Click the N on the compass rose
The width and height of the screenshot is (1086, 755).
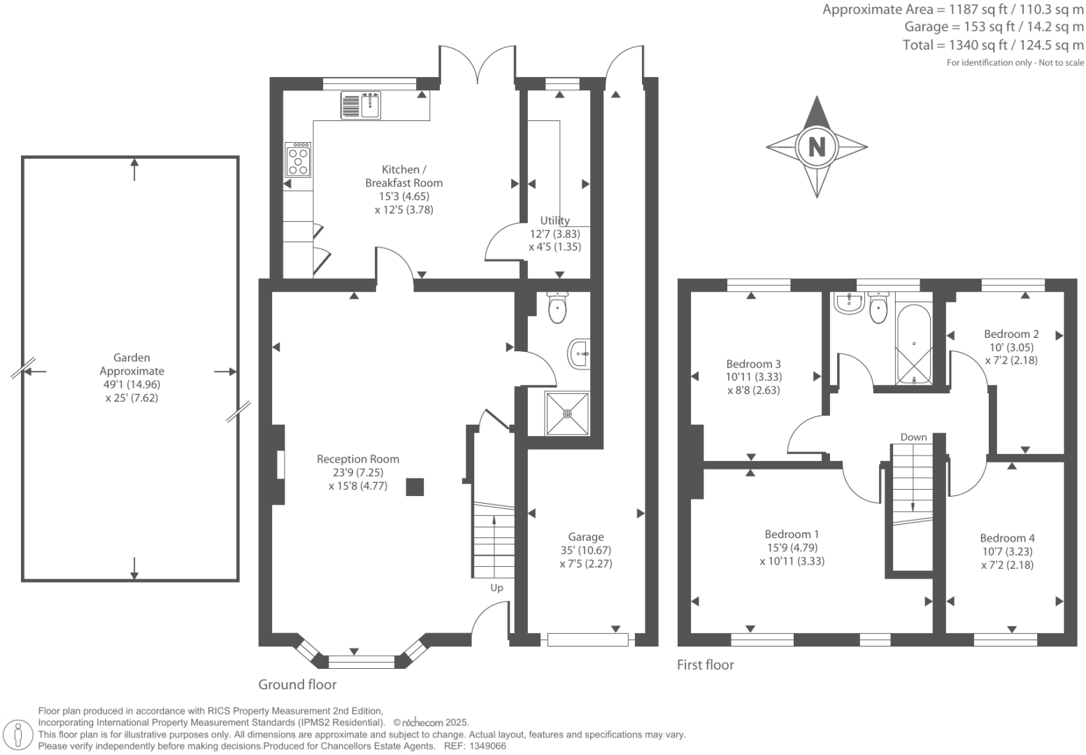[817, 146]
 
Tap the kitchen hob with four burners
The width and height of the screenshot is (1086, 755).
[298, 159]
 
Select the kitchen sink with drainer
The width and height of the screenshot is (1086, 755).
[361, 105]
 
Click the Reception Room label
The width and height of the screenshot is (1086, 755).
[358, 459]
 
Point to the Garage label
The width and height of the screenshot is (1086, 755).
[586, 537]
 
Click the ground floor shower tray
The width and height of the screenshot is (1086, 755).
[566, 414]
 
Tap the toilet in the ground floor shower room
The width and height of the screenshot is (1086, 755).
[557, 308]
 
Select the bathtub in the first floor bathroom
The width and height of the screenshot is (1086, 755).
[914, 344]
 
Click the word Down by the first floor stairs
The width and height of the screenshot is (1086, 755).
[913, 437]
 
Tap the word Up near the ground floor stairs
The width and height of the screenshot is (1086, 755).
[496, 588]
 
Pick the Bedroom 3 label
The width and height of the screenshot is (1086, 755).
[753, 364]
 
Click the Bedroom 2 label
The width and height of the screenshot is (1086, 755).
[1011, 334]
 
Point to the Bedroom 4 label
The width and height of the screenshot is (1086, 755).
[1008, 538]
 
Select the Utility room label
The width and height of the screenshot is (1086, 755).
[555, 220]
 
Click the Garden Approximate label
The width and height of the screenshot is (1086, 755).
[132, 365]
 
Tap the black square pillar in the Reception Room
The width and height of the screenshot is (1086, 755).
[415, 487]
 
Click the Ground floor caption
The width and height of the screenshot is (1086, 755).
[297, 684]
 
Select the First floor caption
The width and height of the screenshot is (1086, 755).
[706, 665]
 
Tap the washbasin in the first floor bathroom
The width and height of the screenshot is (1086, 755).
[850, 303]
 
